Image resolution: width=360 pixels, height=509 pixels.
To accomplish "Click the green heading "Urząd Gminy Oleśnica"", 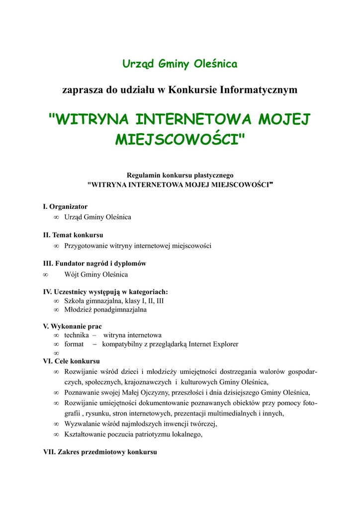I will coord(180,64).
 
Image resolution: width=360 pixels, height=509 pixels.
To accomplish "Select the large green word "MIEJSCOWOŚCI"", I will coord(180,139).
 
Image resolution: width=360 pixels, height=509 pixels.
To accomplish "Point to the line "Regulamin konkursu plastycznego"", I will coord(180,175).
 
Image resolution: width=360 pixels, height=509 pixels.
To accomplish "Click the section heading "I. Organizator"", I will coord(65,206).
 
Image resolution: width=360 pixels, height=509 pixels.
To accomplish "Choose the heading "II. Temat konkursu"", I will coord(73,235).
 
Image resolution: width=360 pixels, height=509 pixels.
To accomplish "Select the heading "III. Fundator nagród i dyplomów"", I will coord(94,263).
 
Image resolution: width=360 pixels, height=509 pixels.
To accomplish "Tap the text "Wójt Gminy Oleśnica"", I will coord(96,274).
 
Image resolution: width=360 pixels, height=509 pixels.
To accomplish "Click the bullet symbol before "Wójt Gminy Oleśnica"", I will coord(45,274).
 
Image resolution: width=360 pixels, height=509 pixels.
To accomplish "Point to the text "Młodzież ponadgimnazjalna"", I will coord(105,310).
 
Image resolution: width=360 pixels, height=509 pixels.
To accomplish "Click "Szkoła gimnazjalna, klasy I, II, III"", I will coord(114,301).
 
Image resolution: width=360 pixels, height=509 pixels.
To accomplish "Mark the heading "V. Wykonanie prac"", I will coord(72,327).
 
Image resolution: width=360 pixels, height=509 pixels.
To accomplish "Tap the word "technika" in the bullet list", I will coord(77,336).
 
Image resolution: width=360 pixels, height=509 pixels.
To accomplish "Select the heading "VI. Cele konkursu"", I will coord(72,361).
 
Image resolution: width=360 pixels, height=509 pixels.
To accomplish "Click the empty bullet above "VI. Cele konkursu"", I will coord(56,353).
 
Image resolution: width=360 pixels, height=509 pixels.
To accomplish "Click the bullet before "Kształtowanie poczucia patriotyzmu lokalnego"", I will coord(56,434).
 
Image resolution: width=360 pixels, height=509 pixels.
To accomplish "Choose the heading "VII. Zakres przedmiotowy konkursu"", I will coord(100,452).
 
